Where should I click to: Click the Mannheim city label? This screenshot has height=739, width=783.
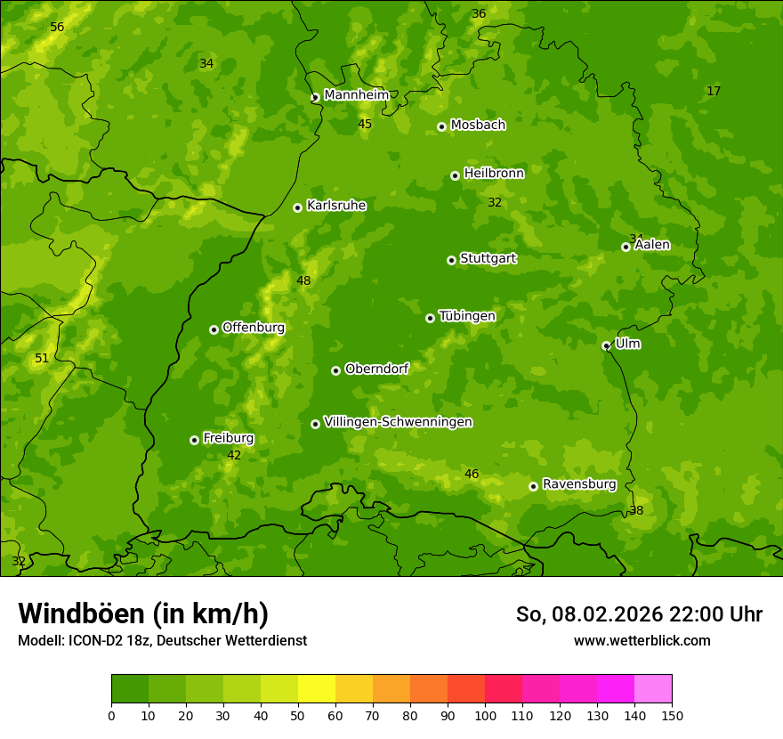(x=356, y=94)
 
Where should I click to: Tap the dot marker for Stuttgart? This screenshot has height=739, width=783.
(x=451, y=260)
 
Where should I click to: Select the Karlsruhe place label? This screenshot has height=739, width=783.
(x=335, y=206)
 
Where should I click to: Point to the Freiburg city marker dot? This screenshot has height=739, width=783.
(x=194, y=440)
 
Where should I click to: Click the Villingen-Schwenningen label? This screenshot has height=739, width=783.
(x=398, y=422)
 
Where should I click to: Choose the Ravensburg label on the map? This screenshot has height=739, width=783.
(x=578, y=484)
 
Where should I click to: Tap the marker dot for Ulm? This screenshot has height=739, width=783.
(x=606, y=345)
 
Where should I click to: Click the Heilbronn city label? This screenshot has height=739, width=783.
(x=494, y=174)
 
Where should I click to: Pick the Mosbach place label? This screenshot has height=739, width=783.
(x=478, y=126)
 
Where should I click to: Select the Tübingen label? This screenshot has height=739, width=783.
(x=466, y=316)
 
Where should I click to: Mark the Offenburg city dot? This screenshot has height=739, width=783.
(x=214, y=329)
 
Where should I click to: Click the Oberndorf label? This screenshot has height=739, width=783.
(x=376, y=369)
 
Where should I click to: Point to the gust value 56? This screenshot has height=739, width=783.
(x=57, y=28)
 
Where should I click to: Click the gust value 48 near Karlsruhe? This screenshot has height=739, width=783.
(x=303, y=281)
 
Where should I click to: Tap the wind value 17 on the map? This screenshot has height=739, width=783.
(x=714, y=92)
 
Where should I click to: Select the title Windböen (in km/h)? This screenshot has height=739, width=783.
(x=143, y=613)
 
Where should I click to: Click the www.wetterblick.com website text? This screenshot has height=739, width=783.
(x=642, y=640)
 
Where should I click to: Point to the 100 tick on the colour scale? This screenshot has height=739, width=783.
(x=485, y=715)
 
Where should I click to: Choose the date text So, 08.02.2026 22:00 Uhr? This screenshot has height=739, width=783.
(x=639, y=614)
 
